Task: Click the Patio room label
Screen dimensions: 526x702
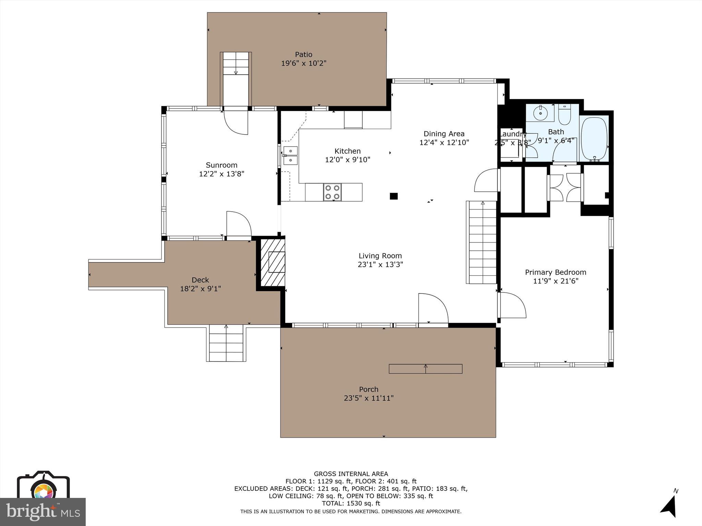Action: point(304,54)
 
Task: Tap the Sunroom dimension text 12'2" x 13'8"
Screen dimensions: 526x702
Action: point(221,174)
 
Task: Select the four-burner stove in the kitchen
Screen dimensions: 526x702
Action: point(332,192)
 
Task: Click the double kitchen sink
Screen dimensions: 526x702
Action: point(290,155)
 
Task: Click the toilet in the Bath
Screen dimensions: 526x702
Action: point(564,116)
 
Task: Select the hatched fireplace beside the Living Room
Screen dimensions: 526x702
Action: point(273,262)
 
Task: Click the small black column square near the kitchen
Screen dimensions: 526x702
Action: point(394,196)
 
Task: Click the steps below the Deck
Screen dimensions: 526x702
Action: point(226,343)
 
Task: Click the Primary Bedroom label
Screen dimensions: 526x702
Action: point(555,272)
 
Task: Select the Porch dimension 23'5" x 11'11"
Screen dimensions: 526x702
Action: point(368,398)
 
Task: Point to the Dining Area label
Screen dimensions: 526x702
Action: point(444,134)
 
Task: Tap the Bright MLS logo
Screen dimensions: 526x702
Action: point(43,511)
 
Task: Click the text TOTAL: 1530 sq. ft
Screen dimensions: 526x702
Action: point(351,503)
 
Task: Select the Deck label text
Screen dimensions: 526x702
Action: point(200,280)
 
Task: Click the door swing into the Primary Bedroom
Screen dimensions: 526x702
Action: point(512,305)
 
